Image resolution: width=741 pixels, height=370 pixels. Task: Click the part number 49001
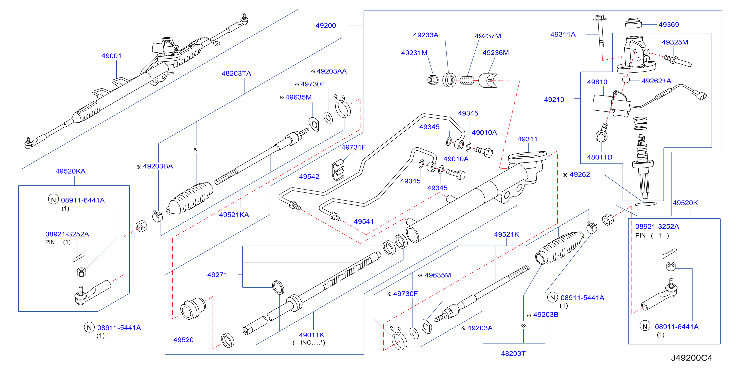[111, 56]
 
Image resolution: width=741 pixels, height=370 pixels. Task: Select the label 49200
[326, 25]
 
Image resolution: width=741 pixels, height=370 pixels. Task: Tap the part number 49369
[668, 24]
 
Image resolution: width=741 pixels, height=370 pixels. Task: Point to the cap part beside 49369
[633, 23]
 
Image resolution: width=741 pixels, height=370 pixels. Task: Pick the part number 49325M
[675, 42]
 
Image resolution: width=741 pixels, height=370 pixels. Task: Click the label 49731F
[354, 147]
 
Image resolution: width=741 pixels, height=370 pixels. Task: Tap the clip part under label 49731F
[338, 170]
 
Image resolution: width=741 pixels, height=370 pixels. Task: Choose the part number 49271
[217, 275]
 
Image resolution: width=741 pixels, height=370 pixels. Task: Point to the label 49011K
[311, 335]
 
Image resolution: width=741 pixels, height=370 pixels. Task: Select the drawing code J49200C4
[691, 358]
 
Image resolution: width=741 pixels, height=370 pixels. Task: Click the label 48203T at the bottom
[513, 353]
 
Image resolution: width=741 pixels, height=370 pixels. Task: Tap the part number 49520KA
[71, 171]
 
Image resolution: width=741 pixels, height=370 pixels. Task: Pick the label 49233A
[426, 35]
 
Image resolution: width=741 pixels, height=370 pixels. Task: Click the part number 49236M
[495, 52]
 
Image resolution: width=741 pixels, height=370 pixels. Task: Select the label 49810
[597, 82]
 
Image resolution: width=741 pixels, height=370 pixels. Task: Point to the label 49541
[364, 221]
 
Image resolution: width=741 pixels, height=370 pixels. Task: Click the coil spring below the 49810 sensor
[640, 123]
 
